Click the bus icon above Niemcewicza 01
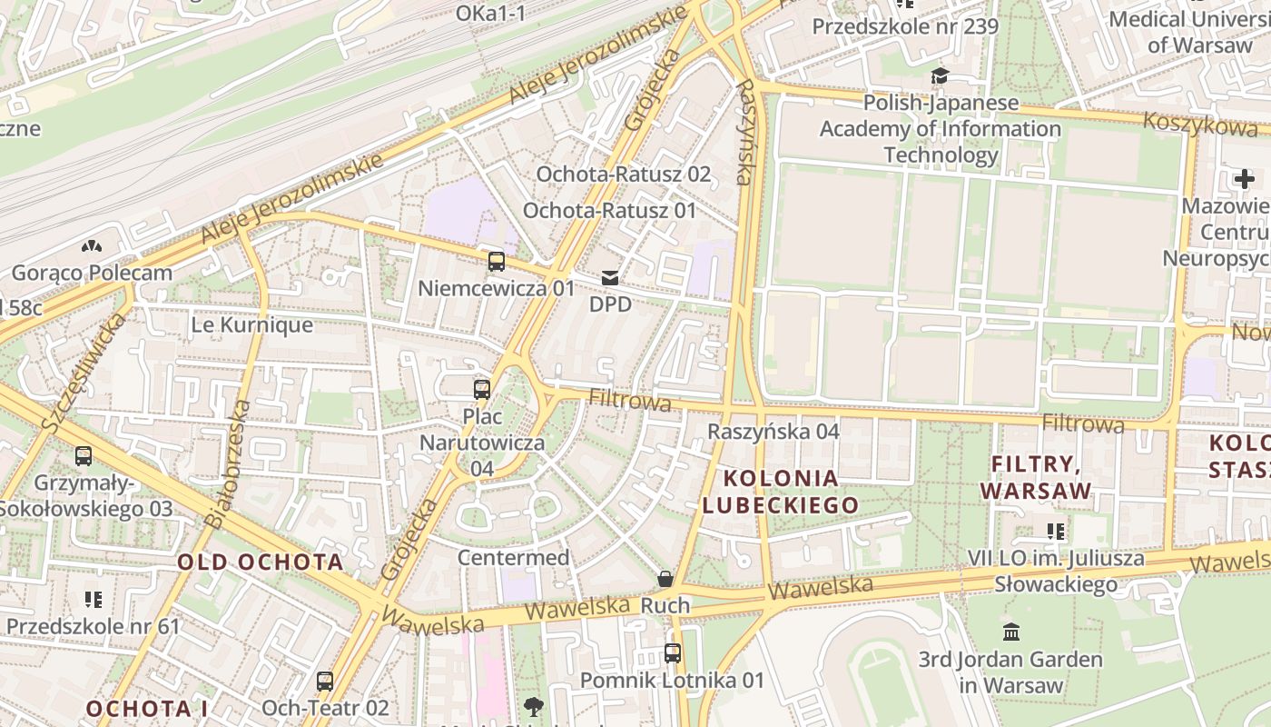click(x=497, y=262)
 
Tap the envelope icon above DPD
click(x=610, y=278)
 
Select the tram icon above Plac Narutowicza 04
click(x=482, y=390)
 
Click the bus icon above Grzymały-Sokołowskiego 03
click(x=84, y=456)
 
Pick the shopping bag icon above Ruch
click(x=665, y=579)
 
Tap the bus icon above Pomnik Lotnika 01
click(x=672, y=652)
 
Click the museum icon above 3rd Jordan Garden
click(x=1010, y=632)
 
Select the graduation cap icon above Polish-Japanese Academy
click(x=940, y=76)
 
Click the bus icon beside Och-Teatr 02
click(x=325, y=681)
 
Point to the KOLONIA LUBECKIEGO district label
click(x=781, y=492)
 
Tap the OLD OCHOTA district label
click(x=261, y=562)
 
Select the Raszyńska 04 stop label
click(x=773, y=431)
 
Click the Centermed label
click(x=513, y=557)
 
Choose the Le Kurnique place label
click(x=251, y=324)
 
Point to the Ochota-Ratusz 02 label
click(x=623, y=174)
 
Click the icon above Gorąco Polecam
click(x=92, y=245)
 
